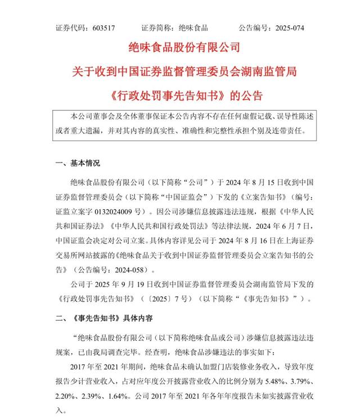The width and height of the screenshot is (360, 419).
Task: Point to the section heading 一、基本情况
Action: point(78,163)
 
